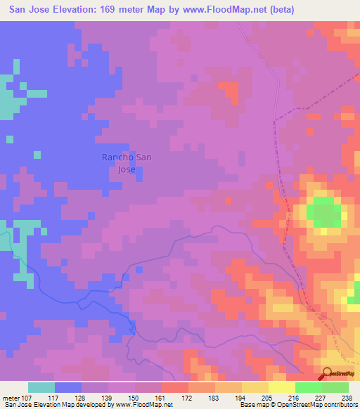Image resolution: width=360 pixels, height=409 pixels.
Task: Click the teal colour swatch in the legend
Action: (41, 387)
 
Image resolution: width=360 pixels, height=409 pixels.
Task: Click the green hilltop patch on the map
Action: (323, 212)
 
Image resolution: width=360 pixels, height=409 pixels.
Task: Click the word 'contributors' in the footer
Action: (340, 405)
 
